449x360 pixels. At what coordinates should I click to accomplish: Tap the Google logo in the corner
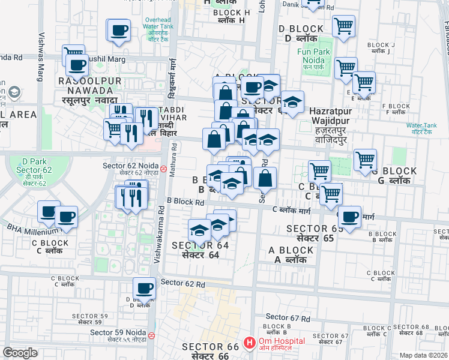pyautogui.click(x=20, y=353)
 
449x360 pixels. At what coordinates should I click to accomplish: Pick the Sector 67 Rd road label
pyautogui.click(x=288, y=317)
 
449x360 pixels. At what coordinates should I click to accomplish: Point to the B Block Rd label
pyautogui.click(x=185, y=202)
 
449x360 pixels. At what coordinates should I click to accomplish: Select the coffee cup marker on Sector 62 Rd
pyautogui.click(x=144, y=289)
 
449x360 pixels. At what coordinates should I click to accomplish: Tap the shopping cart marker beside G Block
pyautogui.click(x=365, y=160)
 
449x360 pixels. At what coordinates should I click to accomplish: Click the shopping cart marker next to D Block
pyautogui.click(x=343, y=26)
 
